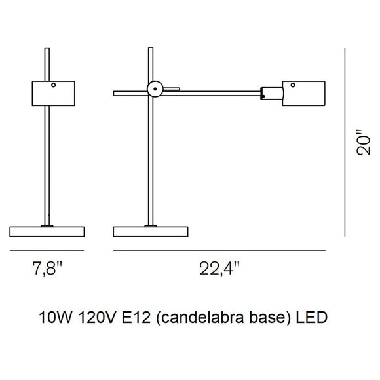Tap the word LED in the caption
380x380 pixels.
click(x=312, y=318)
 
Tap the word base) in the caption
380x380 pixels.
click(x=269, y=318)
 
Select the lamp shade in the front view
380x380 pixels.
click(x=54, y=93)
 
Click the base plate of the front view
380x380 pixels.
click(x=48, y=231)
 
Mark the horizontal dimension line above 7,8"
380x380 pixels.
click(x=48, y=250)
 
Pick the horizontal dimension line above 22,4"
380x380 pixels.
click(x=219, y=250)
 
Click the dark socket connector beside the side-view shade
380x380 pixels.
click(x=271, y=92)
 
